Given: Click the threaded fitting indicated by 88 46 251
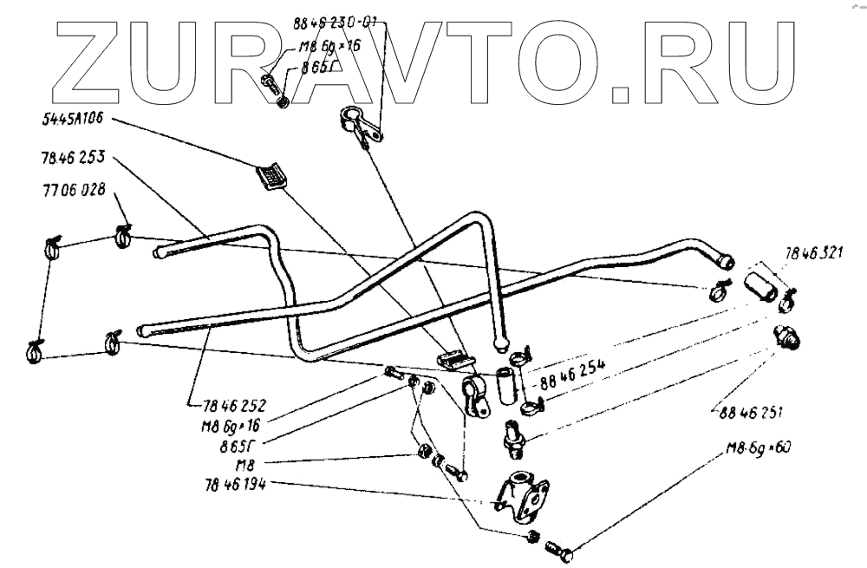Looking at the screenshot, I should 788,337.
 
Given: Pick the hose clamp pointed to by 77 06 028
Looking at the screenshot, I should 123,233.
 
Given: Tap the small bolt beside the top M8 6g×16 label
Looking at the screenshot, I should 270,84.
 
